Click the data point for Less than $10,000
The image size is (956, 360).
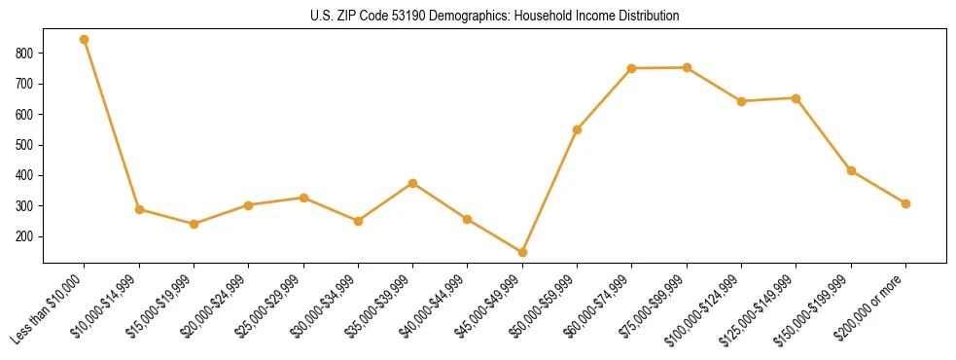pyautogui.click(x=85, y=40)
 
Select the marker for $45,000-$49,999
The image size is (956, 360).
pyautogui.click(x=522, y=252)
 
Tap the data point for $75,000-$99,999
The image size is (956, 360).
pyautogui.click(x=687, y=67)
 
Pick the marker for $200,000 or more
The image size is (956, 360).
pyautogui.click(x=905, y=203)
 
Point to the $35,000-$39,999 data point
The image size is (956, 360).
pyautogui.click(x=413, y=183)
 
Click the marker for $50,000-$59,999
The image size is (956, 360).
pyautogui.click(x=578, y=129)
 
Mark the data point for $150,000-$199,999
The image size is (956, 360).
pyautogui.click(x=851, y=170)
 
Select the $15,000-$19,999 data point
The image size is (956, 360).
pyautogui.click(x=194, y=224)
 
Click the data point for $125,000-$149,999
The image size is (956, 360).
pyautogui.click(x=796, y=98)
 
